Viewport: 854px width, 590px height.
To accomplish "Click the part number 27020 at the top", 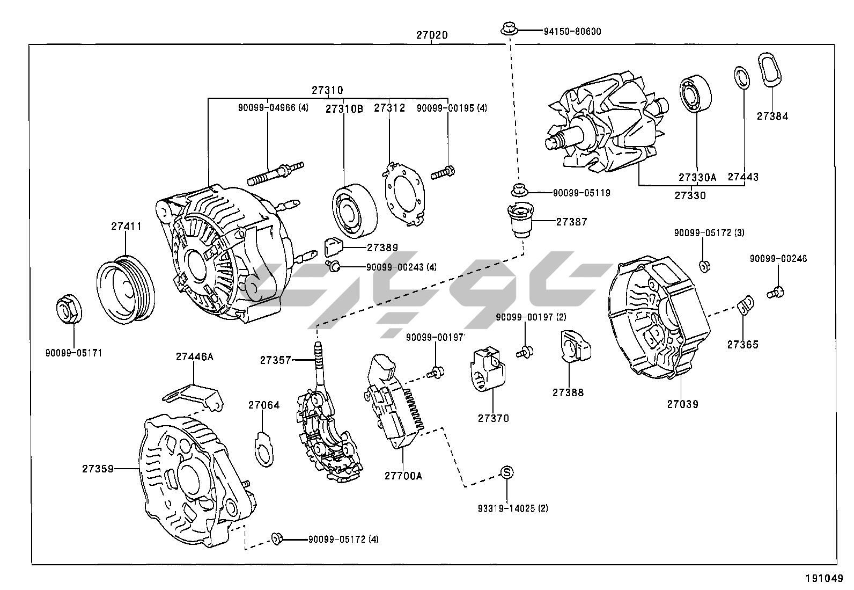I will [432, 35].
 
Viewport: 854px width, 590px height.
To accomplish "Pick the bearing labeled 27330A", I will [696, 96].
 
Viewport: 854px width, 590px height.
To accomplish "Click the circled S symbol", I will [507, 472].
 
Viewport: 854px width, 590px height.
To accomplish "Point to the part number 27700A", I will [403, 476].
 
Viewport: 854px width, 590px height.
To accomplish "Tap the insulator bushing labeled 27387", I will [520, 220].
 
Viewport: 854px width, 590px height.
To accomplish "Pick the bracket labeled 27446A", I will [193, 396].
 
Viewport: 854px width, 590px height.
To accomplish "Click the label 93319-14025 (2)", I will [513, 508].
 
